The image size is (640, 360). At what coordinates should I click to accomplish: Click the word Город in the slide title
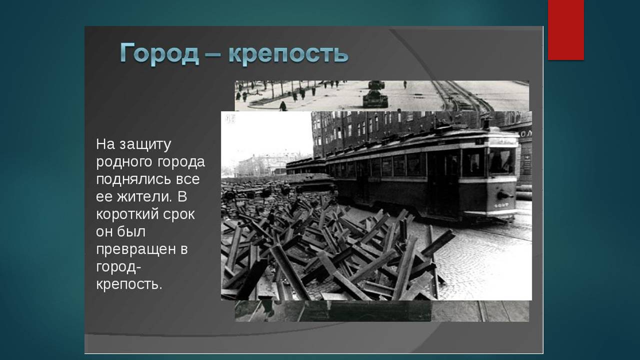click(x=159, y=53)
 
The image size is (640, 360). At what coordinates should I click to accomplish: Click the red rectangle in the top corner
click(x=565, y=29)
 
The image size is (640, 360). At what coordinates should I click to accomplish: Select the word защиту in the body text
click(x=145, y=144)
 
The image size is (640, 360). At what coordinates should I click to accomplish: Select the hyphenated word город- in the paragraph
click(x=118, y=267)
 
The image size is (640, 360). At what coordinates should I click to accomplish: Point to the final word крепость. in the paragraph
click(x=129, y=285)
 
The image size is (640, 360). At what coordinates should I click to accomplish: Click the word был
click(x=132, y=231)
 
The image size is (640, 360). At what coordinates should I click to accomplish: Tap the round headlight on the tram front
click(x=500, y=195)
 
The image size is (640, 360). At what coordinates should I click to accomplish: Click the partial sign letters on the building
click(x=525, y=133)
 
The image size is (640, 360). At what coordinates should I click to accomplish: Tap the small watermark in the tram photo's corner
click(x=230, y=118)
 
